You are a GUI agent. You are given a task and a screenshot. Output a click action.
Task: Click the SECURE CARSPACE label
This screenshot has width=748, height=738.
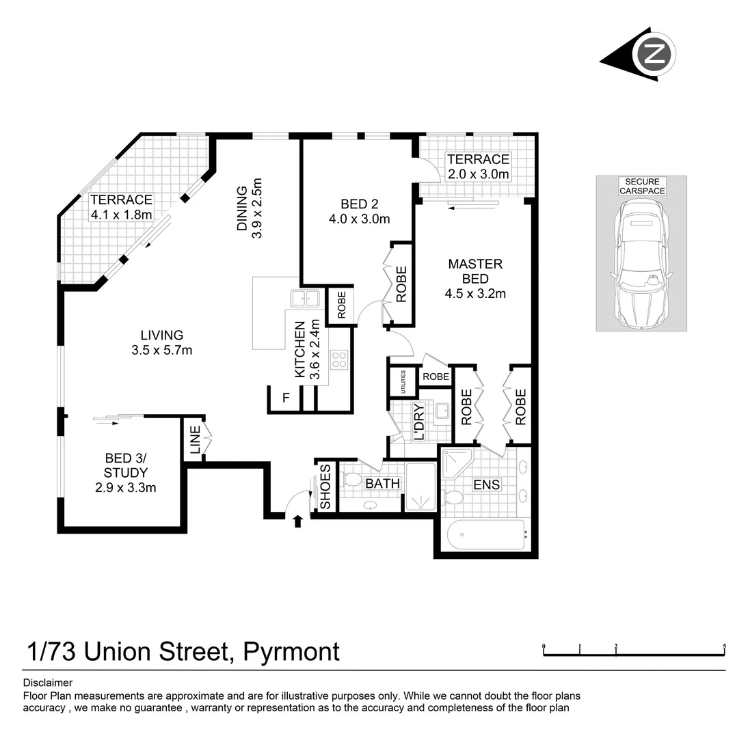[641, 187]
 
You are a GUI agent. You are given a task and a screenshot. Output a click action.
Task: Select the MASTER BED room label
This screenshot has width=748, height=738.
[475, 271]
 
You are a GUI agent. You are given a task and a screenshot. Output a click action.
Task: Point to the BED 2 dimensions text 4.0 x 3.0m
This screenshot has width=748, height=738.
[360, 219]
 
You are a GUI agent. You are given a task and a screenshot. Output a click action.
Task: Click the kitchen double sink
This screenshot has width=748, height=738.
[305, 298]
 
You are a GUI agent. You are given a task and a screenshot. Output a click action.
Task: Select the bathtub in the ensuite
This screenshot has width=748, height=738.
[486, 534]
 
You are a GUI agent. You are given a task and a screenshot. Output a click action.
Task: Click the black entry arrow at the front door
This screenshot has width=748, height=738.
[297, 522]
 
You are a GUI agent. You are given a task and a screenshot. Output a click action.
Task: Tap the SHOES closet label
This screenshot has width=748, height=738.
[325, 487]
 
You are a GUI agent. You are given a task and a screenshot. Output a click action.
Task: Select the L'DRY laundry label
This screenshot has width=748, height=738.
[418, 422]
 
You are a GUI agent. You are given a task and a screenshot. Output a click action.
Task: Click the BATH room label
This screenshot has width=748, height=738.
[383, 484]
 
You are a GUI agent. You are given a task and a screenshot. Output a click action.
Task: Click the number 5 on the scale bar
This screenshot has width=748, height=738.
[724, 646]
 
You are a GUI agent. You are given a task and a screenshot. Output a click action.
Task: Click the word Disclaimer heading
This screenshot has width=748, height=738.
[48, 683]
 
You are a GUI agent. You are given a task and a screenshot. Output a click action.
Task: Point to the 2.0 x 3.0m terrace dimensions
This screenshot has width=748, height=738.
[478, 174]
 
